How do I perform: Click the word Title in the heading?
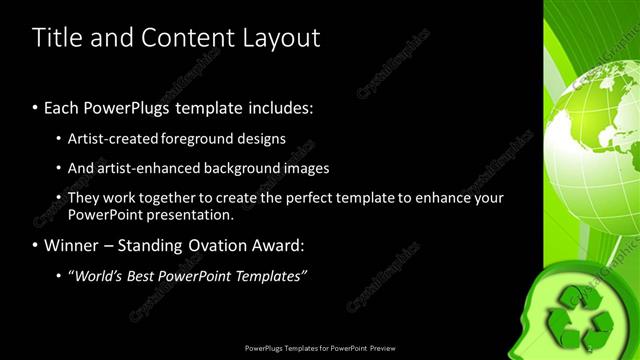pos(55,38)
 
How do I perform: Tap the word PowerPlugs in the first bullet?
pos(128,107)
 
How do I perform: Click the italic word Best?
pos(147,275)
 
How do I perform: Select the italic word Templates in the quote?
pos(271,275)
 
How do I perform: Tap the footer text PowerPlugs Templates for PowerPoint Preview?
pos(320,348)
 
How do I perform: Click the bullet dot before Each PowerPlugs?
pos(35,107)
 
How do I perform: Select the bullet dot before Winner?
pos(35,244)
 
